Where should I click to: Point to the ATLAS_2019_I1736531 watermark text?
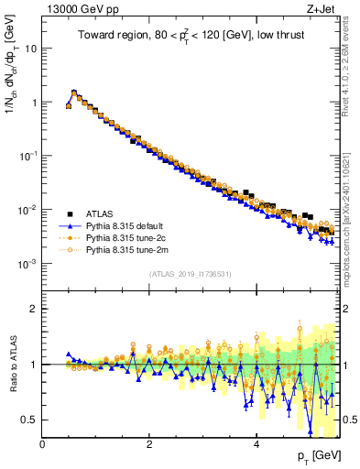coord(190,274)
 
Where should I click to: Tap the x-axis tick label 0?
coord(42,443)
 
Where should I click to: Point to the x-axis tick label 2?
coord(149,443)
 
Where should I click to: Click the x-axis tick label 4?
coord(256,443)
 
